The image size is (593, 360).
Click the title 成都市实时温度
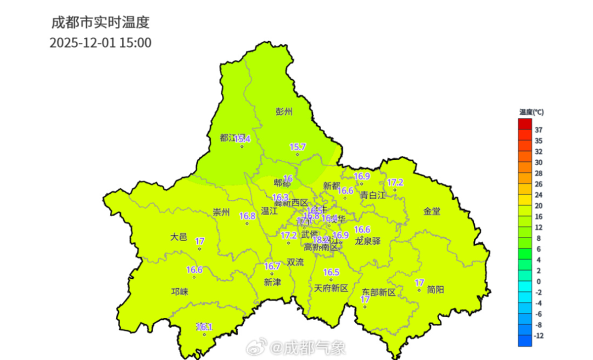point(100,22)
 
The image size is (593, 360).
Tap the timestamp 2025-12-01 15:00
point(100,43)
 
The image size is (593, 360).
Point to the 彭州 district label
point(284,112)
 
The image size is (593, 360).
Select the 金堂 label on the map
point(432,211)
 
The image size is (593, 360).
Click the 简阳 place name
point(435,290)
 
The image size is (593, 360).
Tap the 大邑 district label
point(178,238)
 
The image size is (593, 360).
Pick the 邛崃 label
point(180,292)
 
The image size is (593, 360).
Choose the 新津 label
point(272,282)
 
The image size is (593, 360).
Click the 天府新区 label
point(331,288)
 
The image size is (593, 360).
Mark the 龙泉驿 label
point(367,241)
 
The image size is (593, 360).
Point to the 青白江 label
point(373,195)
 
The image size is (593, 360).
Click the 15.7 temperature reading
point(298,147)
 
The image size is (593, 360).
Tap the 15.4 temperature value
point(242,139)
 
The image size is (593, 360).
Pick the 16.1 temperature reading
point(204,327)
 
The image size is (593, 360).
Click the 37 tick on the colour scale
point(539,130)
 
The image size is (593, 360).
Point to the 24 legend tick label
point(539,195)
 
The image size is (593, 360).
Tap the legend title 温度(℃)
point(531,112)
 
